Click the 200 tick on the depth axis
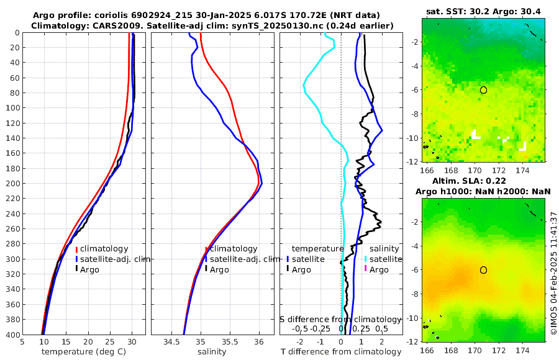[x=12, y=184]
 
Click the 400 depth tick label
[x=12, y=335]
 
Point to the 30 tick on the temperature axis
[x=132, y=341]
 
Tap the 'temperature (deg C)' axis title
[x=84, y=352]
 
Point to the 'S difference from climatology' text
[x=340, y=319]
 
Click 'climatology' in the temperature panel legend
[x=104, y=248]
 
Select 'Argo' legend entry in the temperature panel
[x=89, y=269]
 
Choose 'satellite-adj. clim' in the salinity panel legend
[x=245, y=259]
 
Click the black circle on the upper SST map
[x=483, y=90]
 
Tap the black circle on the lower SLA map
[x=483, y=269]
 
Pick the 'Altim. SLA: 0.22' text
[x=483, y=180]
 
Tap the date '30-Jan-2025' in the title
[x=184, y=14]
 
